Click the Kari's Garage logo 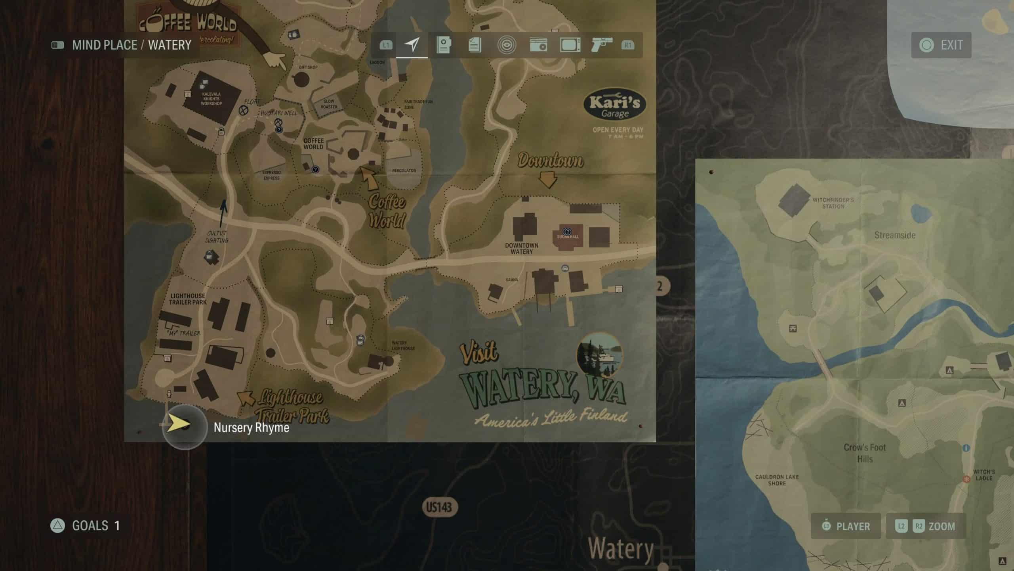pos(615,105)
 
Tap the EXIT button pos(941,45)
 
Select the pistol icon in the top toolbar pos(601,45)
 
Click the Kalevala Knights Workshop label pos(211,99)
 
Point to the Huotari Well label pos(279,113)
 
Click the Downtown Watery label pos(522,248)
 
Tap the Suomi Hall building pos(568,237)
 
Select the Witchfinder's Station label pos(833,203)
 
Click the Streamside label pos(895,235)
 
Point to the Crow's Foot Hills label pos(865,453)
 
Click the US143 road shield pos(439,507)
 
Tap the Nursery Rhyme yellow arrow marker pos(179,424)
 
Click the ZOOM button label pos(942,526)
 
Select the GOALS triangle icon pos(58,526)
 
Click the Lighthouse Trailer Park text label pos(188,299)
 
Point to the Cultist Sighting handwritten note pos(217,237)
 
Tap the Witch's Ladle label pos(984,475)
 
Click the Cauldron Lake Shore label pos(777,480)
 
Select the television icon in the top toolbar pos(570,45)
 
